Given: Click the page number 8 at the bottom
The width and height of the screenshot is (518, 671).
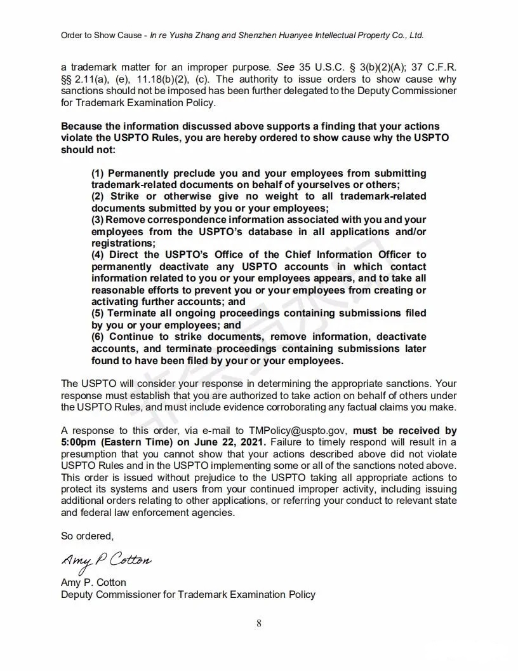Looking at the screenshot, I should pos(259,623).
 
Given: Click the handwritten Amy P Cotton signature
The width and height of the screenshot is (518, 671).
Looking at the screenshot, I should pos(106,560).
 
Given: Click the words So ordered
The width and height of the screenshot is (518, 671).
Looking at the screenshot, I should pos(87,536).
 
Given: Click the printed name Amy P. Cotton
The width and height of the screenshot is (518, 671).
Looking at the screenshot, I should pos(93,582).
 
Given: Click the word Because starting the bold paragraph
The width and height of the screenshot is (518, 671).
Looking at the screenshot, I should pos(85,126).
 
